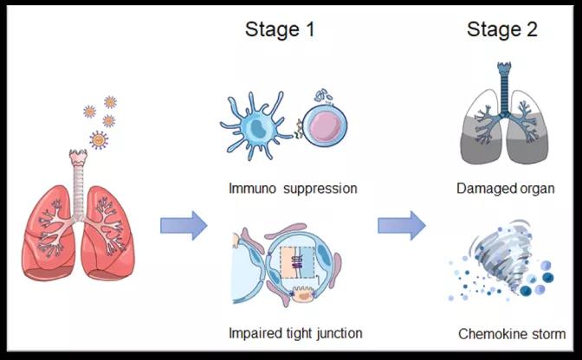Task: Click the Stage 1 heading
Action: point(279,29)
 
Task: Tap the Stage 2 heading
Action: point(502,29)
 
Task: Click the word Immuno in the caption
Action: point(255,188)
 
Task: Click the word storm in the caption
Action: point(550,333)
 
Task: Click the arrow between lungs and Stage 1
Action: point(184,227)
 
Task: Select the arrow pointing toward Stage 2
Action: point(401,227)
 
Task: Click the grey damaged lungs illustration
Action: point(502,130)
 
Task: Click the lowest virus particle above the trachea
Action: point(99,139)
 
